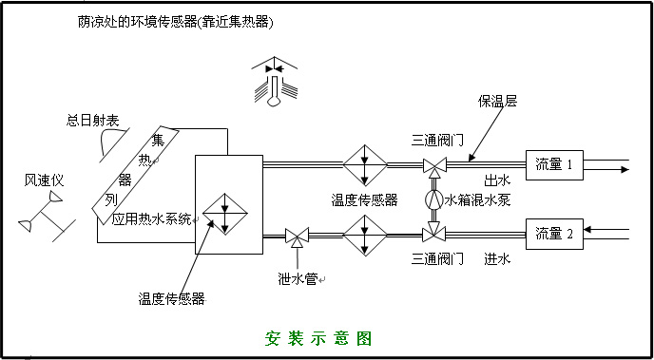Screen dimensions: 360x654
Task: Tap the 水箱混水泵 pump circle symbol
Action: click(434, 200)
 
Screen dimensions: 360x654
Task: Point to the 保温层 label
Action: click(498, 101)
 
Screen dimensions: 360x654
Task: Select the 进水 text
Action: click(498, 258)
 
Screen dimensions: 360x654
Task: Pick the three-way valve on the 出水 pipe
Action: click(434, 167)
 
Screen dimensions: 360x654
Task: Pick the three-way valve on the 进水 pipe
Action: click(434, 233)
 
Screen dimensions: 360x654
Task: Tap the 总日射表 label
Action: click(92, 120)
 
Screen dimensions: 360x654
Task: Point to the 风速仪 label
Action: click(44, 180)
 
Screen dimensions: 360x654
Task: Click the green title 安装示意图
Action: click(317, 338)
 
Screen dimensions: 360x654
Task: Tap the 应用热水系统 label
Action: click(151, 218)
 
